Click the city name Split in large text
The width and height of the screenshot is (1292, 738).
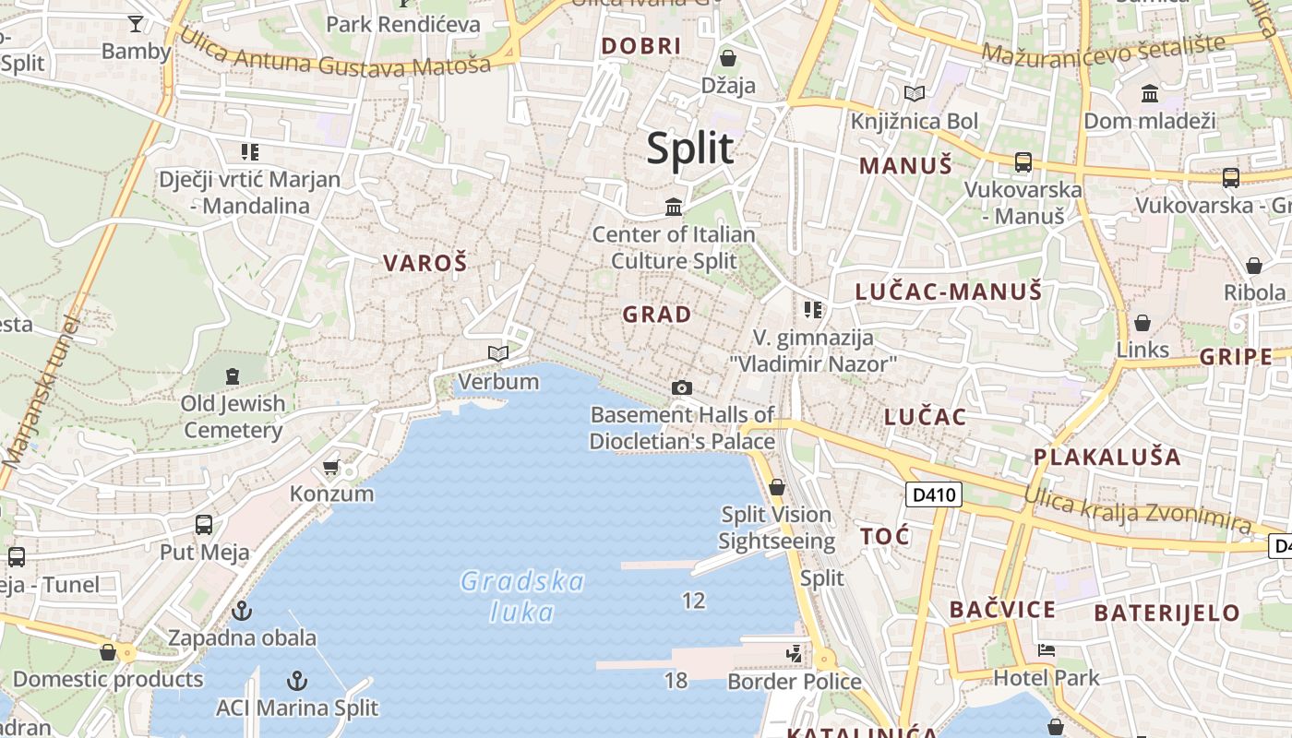click(x=689, y=149)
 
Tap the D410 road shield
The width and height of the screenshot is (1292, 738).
click(x=932, y=495)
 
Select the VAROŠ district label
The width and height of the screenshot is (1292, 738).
click(x=425, y=263)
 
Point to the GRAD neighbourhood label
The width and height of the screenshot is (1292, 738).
click(x=657, y=315)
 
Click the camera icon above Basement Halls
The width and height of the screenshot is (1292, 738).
click(x=682, y=387)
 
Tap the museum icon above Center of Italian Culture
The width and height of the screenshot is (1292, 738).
click(x=674, y=207)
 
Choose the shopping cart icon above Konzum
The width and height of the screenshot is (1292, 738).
click(x=331, y=468)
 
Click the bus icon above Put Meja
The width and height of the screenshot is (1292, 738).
click(x=204, y=525)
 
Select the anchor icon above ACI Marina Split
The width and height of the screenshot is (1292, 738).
click(x=297, y=681)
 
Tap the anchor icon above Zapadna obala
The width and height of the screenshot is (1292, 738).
click(x=241, y=610)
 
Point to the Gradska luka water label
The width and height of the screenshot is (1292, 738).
click(x=522, y=596)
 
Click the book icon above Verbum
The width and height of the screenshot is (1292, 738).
click(x=498, y=353)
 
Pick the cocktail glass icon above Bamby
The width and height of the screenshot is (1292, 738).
click(x=136, y=24)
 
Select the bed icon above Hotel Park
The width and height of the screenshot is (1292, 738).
click(x=1046, y=650)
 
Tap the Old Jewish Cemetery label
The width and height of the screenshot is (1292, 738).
click(x=233, y=416)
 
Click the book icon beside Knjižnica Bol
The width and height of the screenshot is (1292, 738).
click(x=915, y=93)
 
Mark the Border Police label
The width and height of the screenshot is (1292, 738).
click(x=794, y=682)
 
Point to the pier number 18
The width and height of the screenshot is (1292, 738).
click(x=676, y=681)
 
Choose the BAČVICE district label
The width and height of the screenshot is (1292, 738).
click(x=1001, y=610)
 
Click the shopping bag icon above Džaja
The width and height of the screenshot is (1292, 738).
click(x=728, y=58)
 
